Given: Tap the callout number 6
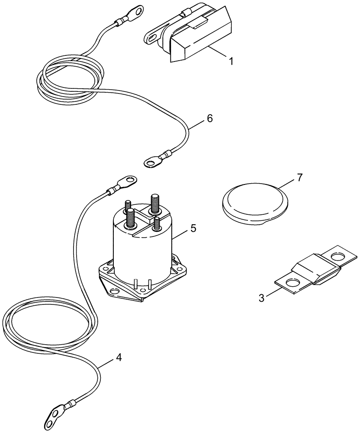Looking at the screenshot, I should point(209,118).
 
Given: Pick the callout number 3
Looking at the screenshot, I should point(261,298).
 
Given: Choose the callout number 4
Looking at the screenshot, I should point(119,358).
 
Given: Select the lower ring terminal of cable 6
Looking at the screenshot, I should point(151,163).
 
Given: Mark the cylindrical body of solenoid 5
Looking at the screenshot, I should point(143,251).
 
